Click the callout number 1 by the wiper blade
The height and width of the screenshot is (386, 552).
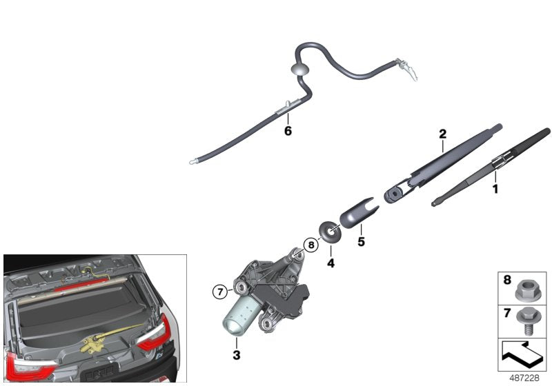point(495,187)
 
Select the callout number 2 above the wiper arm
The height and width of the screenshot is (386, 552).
point(442,134)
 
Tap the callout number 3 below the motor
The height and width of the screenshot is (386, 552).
point(236,355)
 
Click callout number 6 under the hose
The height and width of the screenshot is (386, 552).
point(288,130)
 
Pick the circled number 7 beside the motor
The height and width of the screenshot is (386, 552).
point(219,292)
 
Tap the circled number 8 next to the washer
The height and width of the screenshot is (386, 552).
point(311,244)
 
